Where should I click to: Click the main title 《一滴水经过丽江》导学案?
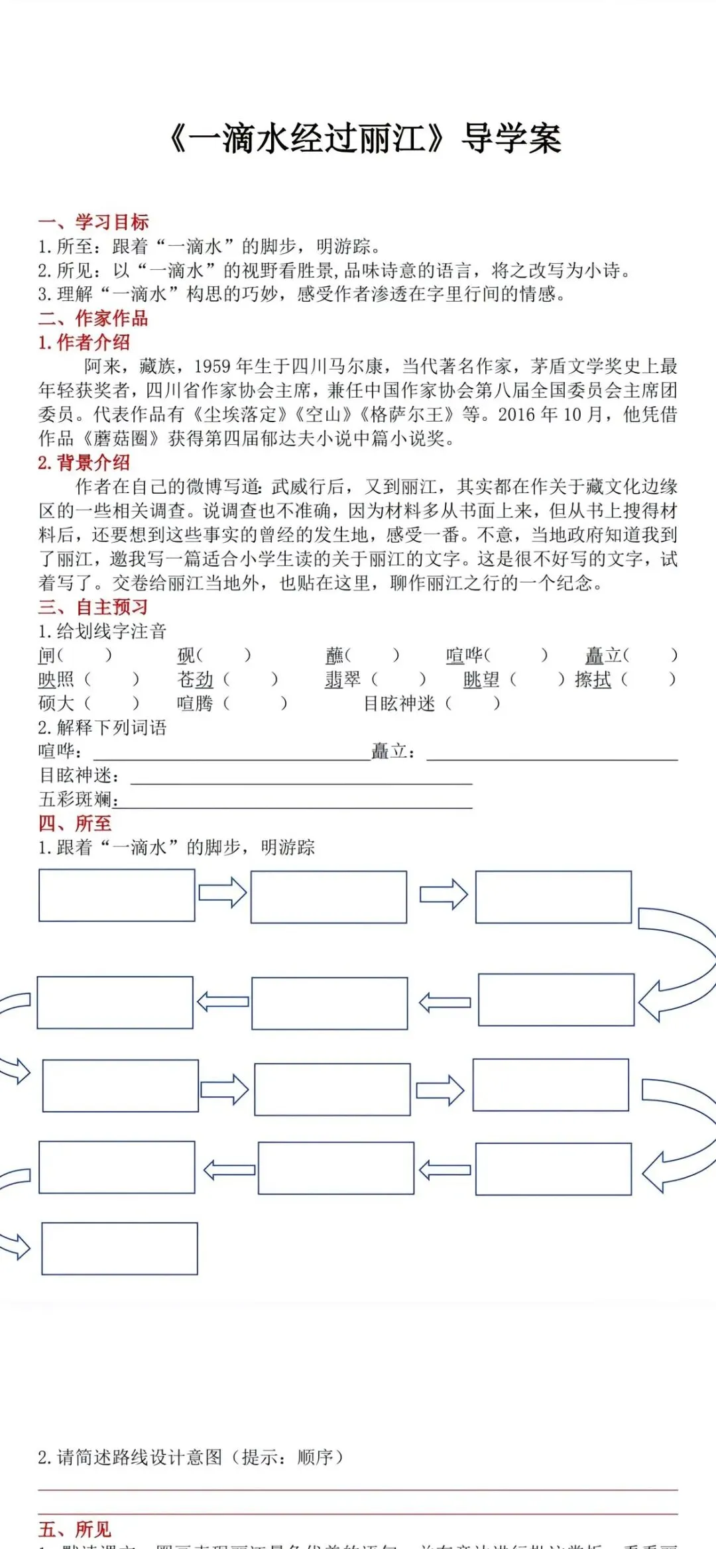click(365, 139)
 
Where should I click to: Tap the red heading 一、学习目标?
click(93, 222)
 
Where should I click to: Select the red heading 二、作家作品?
click(93, 318)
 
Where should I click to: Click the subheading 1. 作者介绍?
click(84, 342)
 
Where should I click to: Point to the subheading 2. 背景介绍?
click(84, 463)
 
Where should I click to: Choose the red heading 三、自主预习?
click(93, 606)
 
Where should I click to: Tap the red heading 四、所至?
click(75, 823)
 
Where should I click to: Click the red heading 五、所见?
click(75, 1529)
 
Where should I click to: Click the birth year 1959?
click(212, 367)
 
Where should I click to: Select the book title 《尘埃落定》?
click(240, 415)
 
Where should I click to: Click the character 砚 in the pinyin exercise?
click(186, 656)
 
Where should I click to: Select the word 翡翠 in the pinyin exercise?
click(343, 679)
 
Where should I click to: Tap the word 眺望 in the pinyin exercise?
click(481, 679)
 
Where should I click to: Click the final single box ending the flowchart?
click(119, 1249)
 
